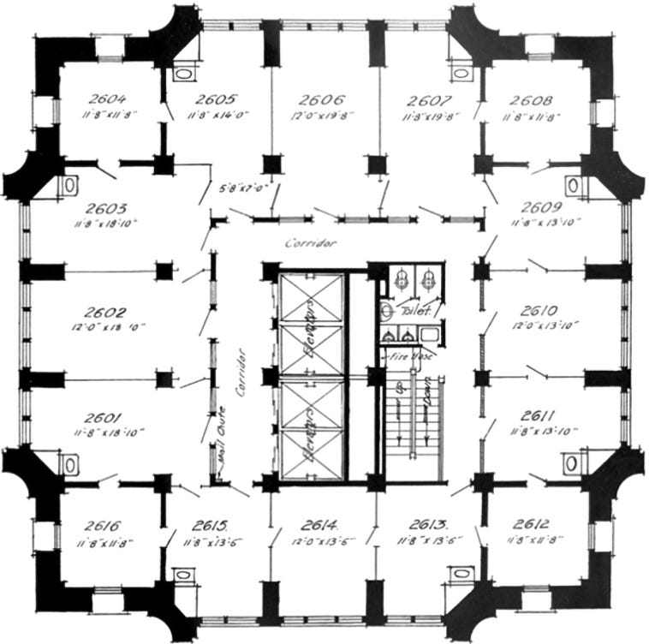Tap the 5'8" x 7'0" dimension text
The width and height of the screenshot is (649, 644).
point(244,187)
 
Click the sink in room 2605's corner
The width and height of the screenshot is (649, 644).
point(183,75)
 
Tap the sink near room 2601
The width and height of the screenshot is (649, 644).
point(70,464)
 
